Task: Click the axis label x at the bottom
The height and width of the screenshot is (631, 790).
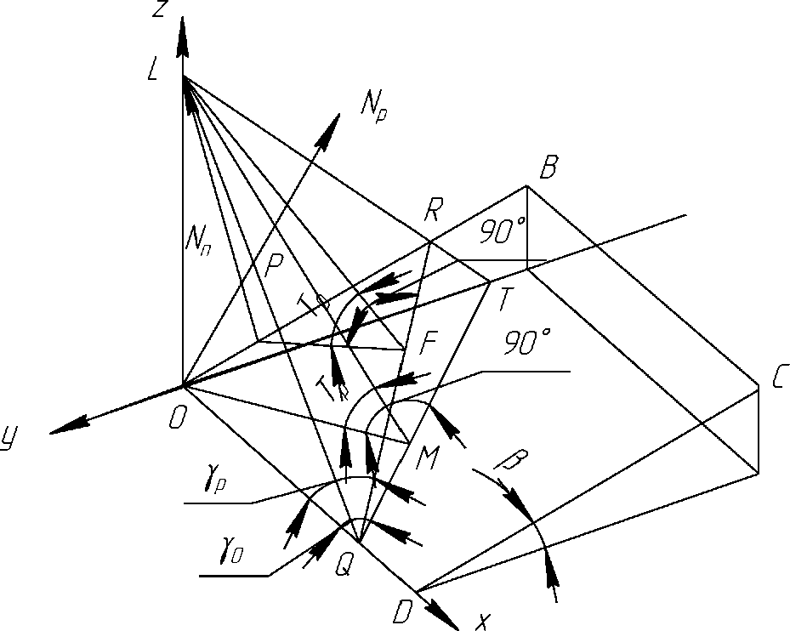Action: (x=482, y=622)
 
